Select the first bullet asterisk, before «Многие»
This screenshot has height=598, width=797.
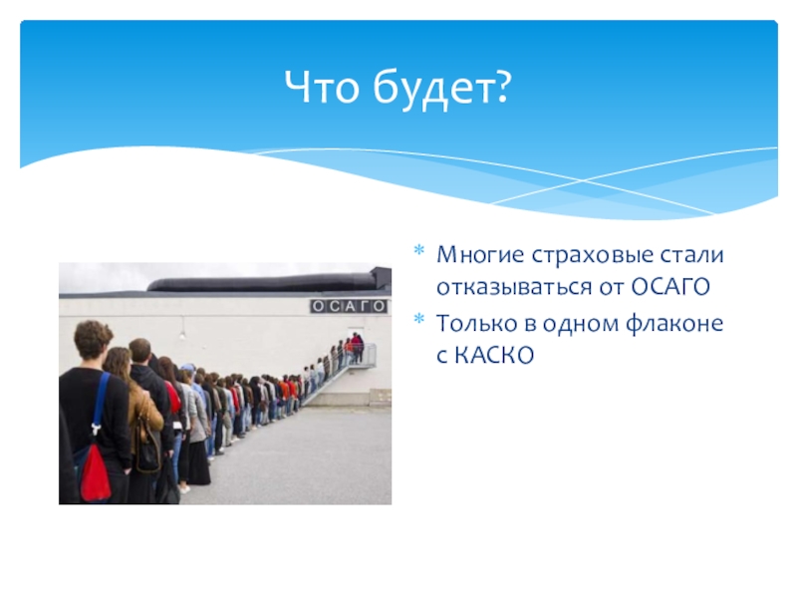point(419,250)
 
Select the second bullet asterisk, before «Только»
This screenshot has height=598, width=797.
point(419,319)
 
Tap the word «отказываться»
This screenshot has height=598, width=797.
point(514,287)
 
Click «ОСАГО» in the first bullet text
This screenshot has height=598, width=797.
point(670,288)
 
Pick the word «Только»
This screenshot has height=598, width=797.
point(477,323)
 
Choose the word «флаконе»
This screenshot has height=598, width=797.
point(674,323)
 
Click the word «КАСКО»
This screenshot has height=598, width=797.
point(494,356)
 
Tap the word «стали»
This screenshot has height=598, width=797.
point(691,255)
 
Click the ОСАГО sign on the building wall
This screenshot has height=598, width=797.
point(350,306)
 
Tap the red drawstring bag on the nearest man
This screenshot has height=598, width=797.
point(95,471)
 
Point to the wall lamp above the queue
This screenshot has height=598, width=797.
point(182,334)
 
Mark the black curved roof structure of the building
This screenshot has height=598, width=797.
point(263,282)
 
